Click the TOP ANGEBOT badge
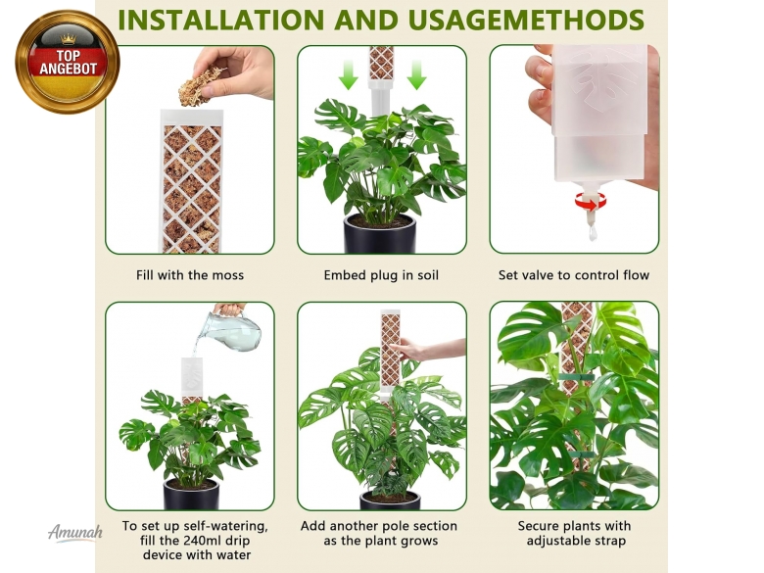point(68,62)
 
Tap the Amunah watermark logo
point(75,532)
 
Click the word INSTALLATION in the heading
point(221,20)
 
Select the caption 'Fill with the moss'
point(190,275)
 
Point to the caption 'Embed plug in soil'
point(381,275)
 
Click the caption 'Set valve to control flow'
point(573,275)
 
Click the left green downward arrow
point(348,75)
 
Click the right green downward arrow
point(416,75)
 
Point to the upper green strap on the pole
point(576,377)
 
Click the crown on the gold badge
point(68,38)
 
